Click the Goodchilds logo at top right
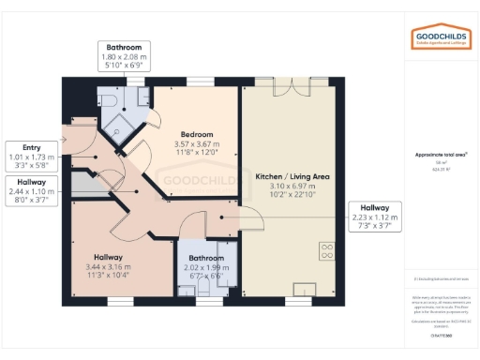pyautogui.click(x=441, y=37)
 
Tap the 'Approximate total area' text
pyautogui.click(x=441, y=155)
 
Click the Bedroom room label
pyautogui.click(x=196, y=134)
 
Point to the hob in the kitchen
pyautogui.click(x=327, y=250)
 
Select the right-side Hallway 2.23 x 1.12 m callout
pyautogui.click(x=375, y=217)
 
